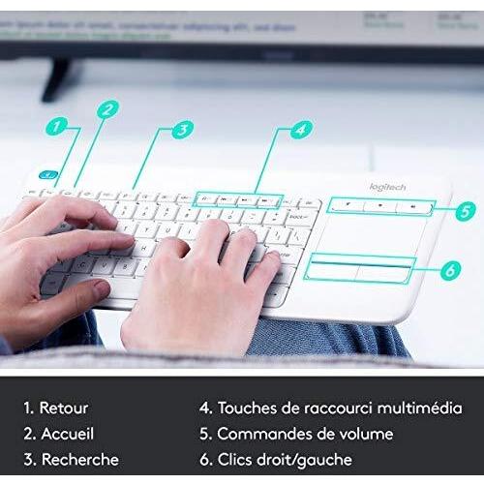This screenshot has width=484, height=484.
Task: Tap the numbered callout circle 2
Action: click(x=107, y=108)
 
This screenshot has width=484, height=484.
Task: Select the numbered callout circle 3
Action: click(x=182, y=127)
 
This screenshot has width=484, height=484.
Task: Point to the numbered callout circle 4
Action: click(x=301, y=128)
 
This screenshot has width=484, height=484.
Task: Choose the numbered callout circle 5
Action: click(x=467, y=208)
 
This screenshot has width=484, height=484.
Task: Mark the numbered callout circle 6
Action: click(x=449, y=271)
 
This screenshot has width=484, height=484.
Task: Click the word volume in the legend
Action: click(x=364, y=434)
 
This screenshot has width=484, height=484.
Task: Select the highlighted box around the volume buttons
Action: click(x=378, y=206)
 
